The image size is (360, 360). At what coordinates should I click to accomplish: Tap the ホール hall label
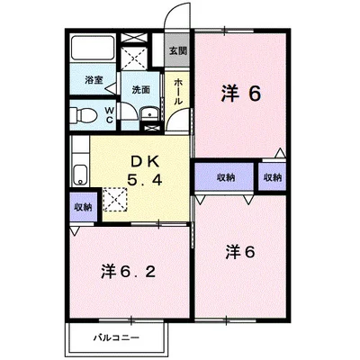[178, 90]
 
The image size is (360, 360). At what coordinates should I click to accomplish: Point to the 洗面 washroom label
[140, 89]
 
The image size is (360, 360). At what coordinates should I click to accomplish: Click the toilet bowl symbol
[85, 114]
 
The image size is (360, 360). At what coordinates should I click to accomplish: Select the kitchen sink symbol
[80, 174]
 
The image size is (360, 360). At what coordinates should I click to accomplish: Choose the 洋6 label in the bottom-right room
[240, 251]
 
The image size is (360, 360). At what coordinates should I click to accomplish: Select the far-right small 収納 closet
[272, 177]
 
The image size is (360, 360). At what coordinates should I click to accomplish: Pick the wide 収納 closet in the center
[226, 177]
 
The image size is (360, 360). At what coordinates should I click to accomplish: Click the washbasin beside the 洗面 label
[148, 114]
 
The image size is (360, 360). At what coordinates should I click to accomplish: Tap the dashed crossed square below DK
[114, 199]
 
